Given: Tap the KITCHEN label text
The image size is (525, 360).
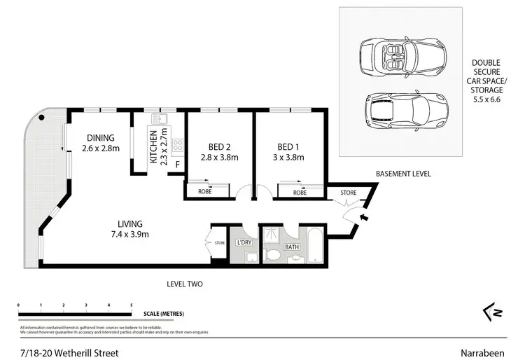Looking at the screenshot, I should tap(154, 146).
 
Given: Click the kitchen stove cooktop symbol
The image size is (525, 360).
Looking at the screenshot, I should tap(177, 146).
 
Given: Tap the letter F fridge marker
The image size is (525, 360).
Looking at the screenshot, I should tap(177, 165).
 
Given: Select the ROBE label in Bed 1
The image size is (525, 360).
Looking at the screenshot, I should tap(300, 192).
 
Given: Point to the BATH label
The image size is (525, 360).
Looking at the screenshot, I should tap(292, 247).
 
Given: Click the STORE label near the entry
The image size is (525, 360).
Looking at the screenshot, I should tap(348, 192).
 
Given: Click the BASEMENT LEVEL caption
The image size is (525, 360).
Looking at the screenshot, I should tap(402, 174).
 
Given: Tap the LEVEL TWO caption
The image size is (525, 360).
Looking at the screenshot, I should tap(185, 284).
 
